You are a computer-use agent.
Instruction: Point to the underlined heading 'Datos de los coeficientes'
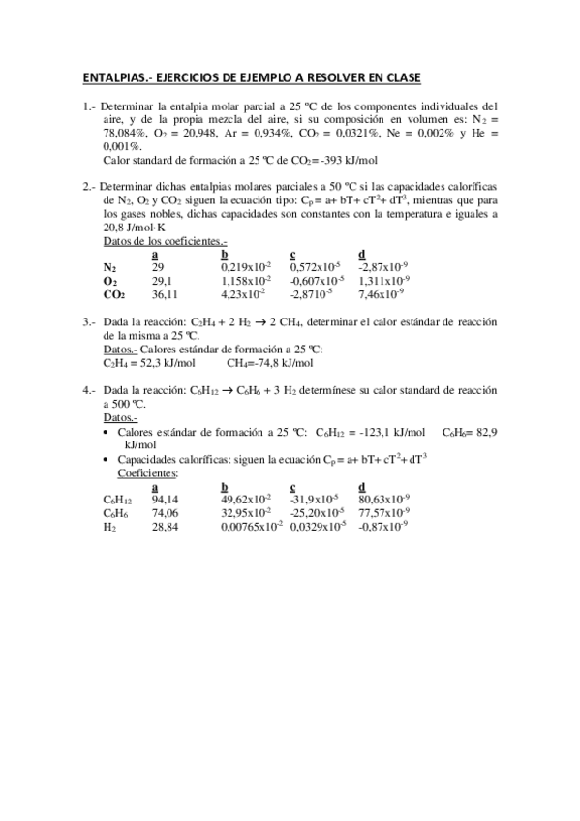pos(166,240)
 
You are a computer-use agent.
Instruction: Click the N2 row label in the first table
pos(109,266)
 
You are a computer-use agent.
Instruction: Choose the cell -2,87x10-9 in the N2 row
pos(381,266)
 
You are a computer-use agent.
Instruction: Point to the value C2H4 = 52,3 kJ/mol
pos(149,363)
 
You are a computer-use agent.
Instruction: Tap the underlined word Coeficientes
pos(147,473)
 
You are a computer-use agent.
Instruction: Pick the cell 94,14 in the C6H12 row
pos(166,500)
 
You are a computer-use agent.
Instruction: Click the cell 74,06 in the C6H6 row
pos(166,513)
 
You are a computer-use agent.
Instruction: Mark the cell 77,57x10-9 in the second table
pos(383,513)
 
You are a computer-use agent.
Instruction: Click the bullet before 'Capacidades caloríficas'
pos(107,460)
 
